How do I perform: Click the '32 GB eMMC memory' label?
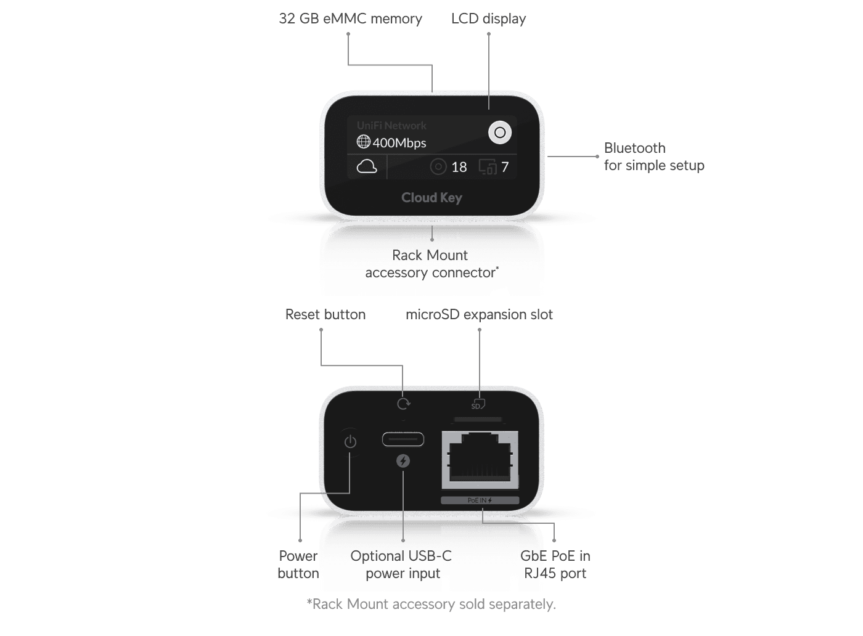[x=350, y=18]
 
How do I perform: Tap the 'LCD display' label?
[x=488, y=18]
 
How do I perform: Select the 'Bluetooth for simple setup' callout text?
[x=654, y=157]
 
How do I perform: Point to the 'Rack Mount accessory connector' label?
[x=431, y=264]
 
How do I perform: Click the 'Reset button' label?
[x=325, y=314]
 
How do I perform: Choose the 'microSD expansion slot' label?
[x=480, y=314]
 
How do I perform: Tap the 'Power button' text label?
[x=298, y=565]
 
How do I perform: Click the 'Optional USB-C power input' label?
[x=401, y=565]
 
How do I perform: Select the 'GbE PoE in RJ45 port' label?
[x=555, y=565]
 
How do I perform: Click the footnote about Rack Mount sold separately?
[x=431, y=604]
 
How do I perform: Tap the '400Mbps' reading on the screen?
[x=399, y=143]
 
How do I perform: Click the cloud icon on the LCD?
[x=367, y=167]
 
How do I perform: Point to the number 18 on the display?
[x=459, y=167]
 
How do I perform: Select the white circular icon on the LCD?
[x=500, y=132]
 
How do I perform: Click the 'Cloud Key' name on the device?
[x=431, y=198]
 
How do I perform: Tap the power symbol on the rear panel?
[x=350, y=442]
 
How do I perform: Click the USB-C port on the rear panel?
[x=403, y=439]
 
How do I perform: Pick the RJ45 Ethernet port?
[x=480, y=460]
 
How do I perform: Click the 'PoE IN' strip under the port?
[x=480, y=500]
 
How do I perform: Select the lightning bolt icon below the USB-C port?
[x=403, y=461]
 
